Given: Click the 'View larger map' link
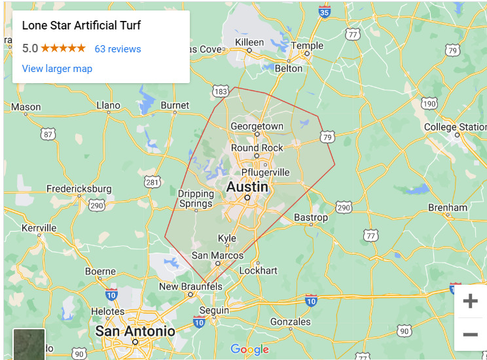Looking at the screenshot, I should [x=57, y=69].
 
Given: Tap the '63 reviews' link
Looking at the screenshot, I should [x=118, y=49].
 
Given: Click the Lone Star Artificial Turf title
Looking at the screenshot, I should [x=82, y=26].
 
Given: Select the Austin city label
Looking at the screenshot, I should [x=247, y=187].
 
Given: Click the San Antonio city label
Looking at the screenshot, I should [x=135, y=331].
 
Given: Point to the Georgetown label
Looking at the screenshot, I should [x=257, y=126].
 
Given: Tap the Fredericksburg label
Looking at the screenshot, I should [x=79, y=189].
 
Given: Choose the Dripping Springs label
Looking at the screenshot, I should [x=196, y=199].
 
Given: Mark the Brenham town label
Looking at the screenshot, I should [x=448, y=207].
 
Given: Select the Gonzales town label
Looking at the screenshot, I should [x=290, y=321].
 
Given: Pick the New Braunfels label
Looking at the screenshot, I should [x=190, y=287].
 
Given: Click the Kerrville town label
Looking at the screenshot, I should [x=39, y=228].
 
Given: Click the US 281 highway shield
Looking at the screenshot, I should [x=152, y=182].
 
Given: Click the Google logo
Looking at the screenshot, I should [x=249, y=350].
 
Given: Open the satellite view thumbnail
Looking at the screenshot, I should [x=29, y=344].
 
